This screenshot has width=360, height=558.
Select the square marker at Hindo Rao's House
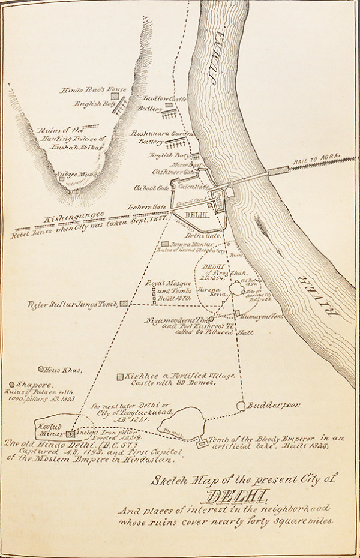tap(114, 95)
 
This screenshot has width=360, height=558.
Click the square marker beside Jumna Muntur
tap(165, 245)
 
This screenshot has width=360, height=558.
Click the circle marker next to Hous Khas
tap(41, 370)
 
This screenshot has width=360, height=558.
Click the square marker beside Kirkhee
tap(120, 377)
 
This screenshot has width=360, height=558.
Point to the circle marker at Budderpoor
tap(241, 406)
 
